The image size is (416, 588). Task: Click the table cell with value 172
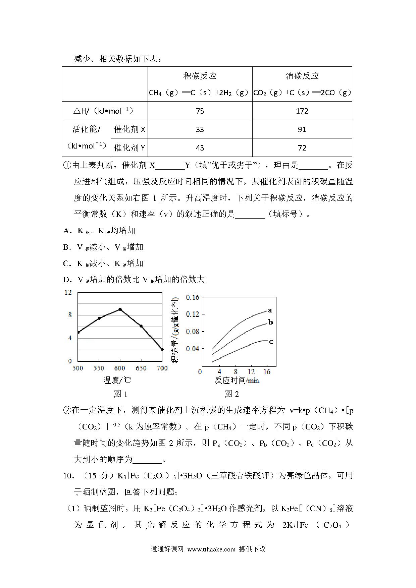pos(302,111)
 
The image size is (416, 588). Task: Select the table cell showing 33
pos(200,129)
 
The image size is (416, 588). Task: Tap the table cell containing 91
pos(302,129)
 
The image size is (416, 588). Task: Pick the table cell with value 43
pos(200,148)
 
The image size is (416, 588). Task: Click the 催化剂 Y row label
pos(129,148)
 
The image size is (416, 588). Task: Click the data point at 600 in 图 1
pos(120,309)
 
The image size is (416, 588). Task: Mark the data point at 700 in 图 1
pos(162,349)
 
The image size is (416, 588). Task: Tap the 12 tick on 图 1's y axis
pos(68,293)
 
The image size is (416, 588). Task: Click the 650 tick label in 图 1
pos(141,368)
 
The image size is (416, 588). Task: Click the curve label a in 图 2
pos(270,310)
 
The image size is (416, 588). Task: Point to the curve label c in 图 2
pos(271,342)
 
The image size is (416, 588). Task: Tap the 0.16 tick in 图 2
pos(193,297)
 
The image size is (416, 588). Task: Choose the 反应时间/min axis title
pos(237,380)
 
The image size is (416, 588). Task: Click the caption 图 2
pos(232,394)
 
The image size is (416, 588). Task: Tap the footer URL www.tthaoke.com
pos(211,549)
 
